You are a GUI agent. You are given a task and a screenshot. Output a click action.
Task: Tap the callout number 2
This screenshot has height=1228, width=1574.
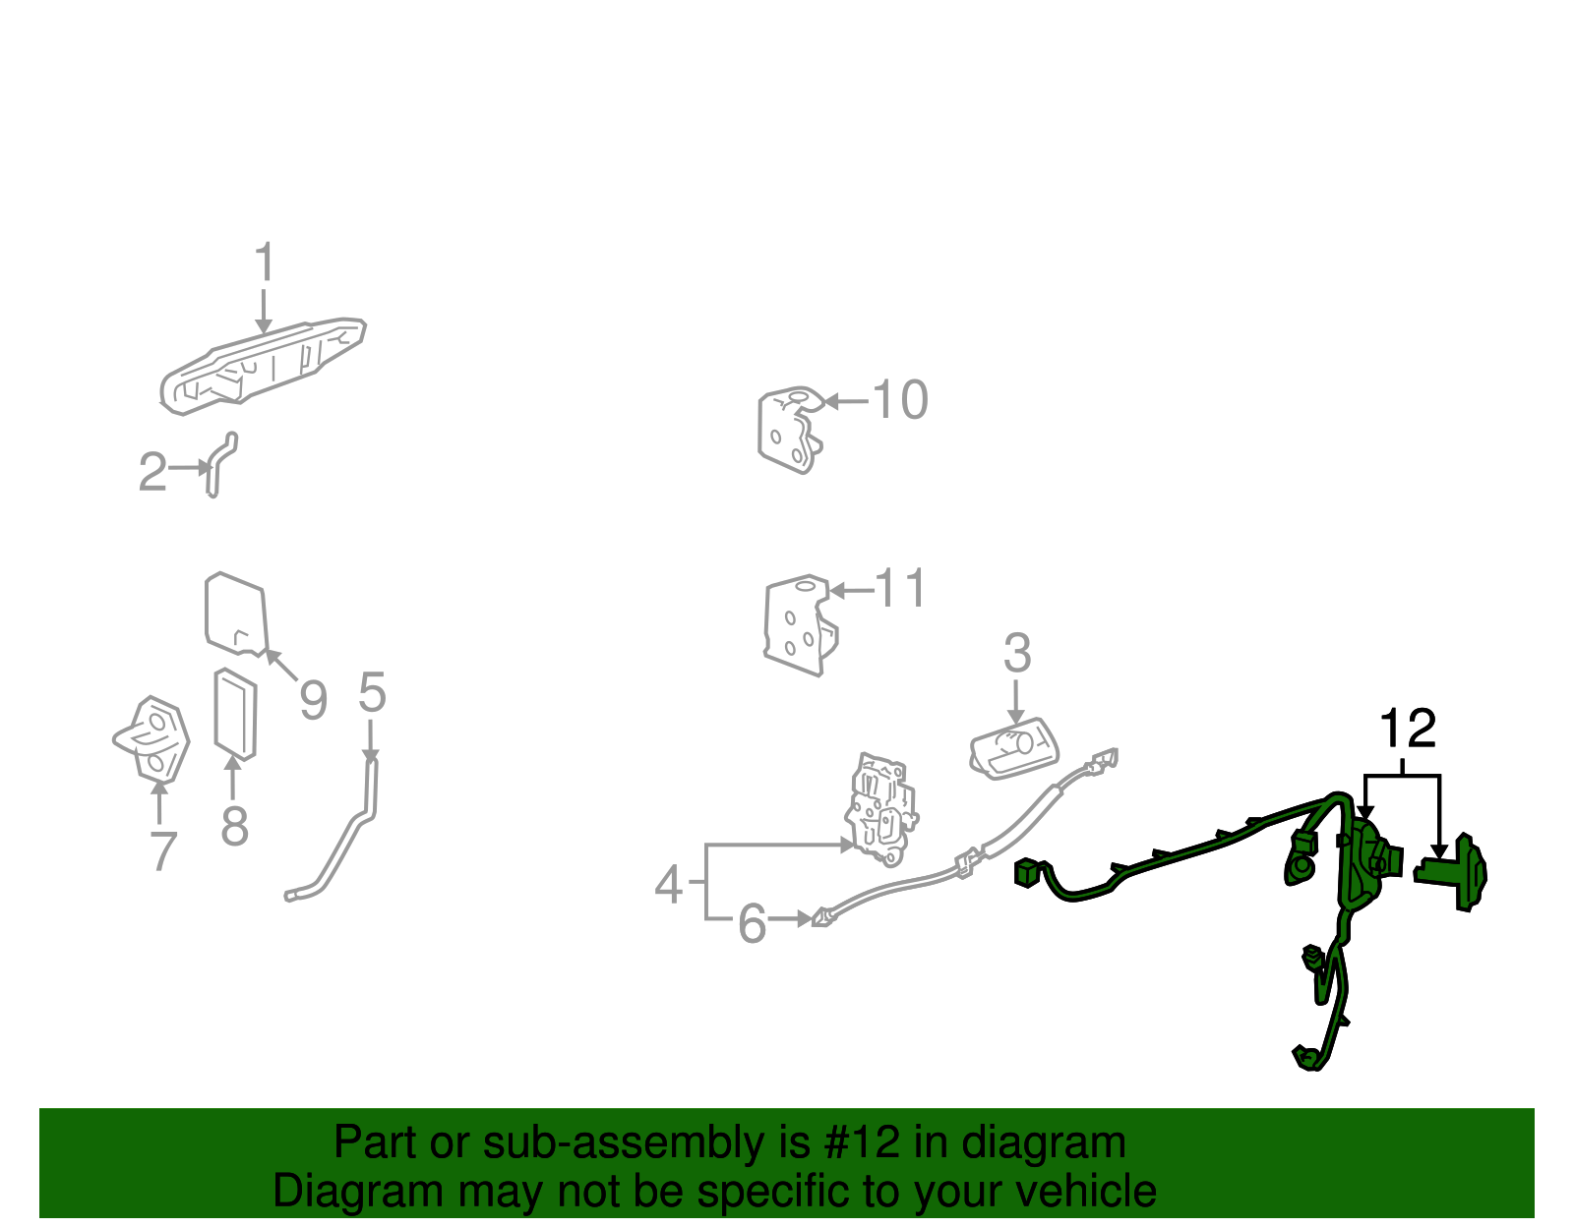pyautogui.click(x=152, y=472)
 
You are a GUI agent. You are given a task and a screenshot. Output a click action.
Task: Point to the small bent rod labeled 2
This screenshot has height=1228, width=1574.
pyautogui.click(x=218, y=465)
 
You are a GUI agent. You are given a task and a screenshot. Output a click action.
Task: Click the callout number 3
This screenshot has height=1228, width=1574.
pyautogui.click(x=1017, y=654)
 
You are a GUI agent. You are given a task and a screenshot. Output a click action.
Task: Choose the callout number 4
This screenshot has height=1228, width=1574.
pyautogui.click(x=669, y=885)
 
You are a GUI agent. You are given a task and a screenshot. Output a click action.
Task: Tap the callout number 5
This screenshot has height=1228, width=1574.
pyautogui.click(x=372, y=693)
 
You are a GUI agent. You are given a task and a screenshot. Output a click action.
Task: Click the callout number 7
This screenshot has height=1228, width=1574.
pyautogui.click(x=162, y=850)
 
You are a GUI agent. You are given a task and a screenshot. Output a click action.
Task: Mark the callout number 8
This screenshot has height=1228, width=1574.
pyautogui.click(x=234, y=826)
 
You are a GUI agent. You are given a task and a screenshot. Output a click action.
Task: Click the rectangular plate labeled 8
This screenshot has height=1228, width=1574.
pyautogui.click(x=236, y=714)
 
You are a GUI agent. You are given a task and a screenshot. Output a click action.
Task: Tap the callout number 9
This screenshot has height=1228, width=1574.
pyautogui.click(x=313, y=701)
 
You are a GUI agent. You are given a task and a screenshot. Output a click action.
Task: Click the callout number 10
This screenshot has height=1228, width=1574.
pyautogui.click(x=900, y=400)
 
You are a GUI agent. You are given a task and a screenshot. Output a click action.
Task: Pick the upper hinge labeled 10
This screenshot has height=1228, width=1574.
pyautogui.click(x=789, y=431)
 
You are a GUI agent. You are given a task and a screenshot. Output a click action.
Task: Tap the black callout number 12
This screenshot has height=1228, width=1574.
pyautogui.click(x=1408, y=730)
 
